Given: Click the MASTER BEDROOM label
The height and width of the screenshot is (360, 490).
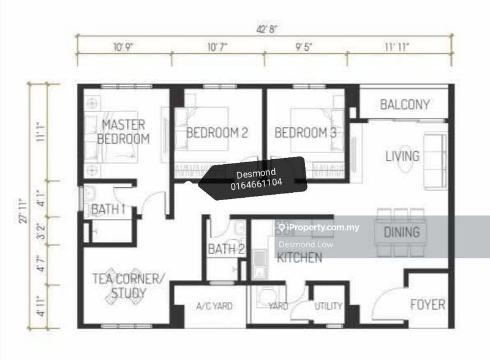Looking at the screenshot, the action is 123,132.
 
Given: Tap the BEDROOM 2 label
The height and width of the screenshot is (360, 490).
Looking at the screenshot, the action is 217,133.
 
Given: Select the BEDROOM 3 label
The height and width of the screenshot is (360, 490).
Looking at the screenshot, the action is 305,133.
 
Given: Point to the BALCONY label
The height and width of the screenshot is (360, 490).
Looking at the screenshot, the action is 405,104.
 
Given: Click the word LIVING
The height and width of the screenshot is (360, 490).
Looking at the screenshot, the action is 402,156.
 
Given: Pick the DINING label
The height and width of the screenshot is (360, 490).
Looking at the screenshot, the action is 402,232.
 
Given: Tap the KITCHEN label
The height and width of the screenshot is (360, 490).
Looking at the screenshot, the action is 300,258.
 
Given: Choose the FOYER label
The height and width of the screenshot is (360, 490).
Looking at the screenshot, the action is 428,304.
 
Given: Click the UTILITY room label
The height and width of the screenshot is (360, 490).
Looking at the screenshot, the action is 328,306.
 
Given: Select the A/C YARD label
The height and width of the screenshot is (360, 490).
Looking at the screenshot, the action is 214,306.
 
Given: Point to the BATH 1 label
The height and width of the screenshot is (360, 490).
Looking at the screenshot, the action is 108,209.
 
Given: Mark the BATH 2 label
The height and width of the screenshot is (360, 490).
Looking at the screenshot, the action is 225,249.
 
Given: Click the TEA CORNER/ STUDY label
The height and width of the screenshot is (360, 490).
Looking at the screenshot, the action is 128,286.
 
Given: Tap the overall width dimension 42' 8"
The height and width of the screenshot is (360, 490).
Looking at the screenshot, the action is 267,29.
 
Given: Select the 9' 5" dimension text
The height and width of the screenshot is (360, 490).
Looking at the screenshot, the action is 304,47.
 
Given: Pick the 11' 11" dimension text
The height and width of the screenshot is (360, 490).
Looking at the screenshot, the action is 397,47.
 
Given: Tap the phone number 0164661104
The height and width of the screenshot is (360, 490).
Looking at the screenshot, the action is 256,183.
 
